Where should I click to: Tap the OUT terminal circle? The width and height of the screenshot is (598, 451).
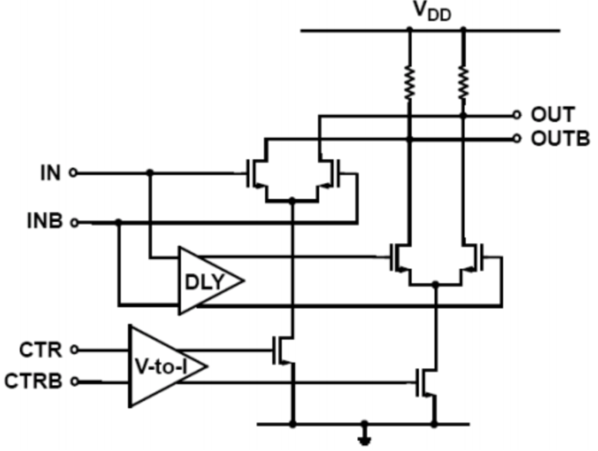point(517,114)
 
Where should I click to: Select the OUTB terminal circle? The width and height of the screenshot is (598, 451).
point(517,138)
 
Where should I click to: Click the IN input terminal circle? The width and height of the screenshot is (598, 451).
point(73,173)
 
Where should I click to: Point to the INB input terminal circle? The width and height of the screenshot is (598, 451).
point(74,223)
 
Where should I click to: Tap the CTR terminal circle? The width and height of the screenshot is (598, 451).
point(74,350)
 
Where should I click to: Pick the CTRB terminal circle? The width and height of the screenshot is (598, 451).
point(74,381)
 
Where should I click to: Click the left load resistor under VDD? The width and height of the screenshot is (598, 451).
point(410,83)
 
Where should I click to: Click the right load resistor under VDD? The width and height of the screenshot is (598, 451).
point(464,83)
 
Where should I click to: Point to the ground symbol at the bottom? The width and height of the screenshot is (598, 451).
point(365,435)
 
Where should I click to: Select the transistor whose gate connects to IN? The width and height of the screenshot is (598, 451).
point(257,174)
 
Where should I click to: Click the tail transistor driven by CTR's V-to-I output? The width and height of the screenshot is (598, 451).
point(283,350)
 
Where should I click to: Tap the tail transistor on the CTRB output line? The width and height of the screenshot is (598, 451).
point(426,383)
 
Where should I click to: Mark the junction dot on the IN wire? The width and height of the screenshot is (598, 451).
point(150,173)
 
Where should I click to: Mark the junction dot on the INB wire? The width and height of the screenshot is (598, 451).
point(119,222)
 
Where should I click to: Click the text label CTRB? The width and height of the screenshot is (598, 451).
point(33,381)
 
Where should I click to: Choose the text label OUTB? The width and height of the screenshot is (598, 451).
point(560,138)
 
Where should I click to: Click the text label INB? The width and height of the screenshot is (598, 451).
point(45,221)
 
